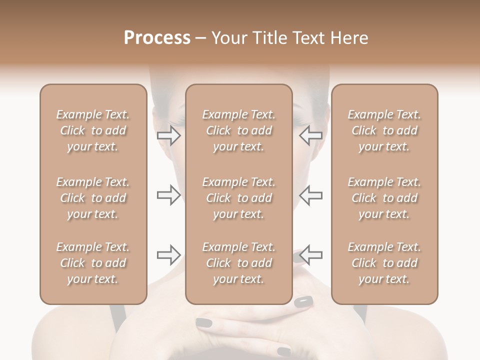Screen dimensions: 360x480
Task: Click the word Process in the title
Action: pos(157,38)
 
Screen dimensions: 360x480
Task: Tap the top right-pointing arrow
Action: pos(169,135)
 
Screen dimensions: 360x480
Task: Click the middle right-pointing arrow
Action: pos(169,195)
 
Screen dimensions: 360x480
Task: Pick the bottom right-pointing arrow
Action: pos(169,255)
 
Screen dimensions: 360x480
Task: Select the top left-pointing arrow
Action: pos(311,135)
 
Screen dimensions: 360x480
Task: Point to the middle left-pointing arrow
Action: pos(311,195)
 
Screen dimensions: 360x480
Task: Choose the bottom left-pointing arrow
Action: pos(311,255)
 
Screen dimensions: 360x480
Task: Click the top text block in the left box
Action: pos(93,130)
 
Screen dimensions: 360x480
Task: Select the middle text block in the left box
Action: pos(93,198)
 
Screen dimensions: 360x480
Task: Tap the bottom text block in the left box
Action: pos(93,263)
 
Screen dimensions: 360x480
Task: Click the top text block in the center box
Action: pos(239,130)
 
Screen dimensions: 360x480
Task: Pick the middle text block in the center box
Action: pos(239,198)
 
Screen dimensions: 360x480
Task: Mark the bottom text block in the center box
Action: pos(239,263)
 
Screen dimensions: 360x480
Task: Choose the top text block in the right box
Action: pos(384,130)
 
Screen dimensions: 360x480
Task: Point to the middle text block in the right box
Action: pos(384,198)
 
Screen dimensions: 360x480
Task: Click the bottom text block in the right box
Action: pos(384,263)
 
